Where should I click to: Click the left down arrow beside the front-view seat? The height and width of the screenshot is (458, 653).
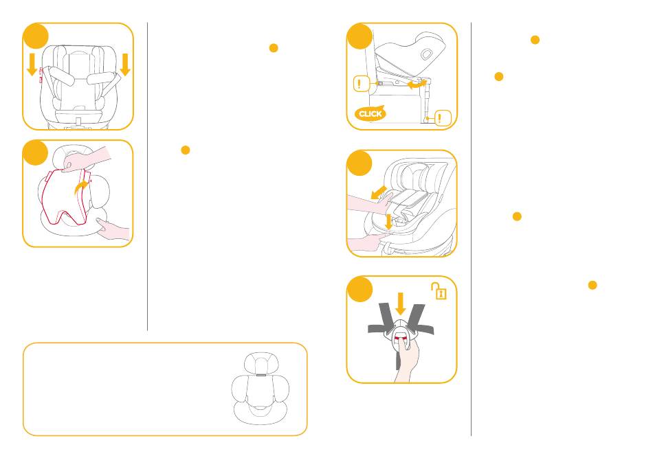32,65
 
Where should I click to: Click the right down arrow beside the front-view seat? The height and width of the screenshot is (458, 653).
125,65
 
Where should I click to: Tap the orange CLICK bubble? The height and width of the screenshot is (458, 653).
370,113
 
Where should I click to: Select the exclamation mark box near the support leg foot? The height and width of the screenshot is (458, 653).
443,118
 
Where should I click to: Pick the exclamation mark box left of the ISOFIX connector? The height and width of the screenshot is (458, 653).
362,84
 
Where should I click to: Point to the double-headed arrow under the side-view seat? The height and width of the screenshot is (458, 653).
417,84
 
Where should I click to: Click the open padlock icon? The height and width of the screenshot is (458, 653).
439,290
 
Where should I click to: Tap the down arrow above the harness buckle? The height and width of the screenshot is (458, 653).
401,304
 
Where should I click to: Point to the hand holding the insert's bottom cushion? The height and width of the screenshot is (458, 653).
113,229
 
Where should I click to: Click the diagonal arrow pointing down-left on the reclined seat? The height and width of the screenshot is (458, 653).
378,192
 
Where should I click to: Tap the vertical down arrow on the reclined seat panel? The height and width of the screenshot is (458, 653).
389,221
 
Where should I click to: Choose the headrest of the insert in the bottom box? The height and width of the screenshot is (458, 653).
261,363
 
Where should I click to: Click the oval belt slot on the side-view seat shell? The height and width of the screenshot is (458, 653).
426,54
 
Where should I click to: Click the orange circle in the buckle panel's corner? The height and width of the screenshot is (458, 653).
359,288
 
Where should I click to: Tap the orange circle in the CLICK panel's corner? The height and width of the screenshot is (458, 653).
359,36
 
